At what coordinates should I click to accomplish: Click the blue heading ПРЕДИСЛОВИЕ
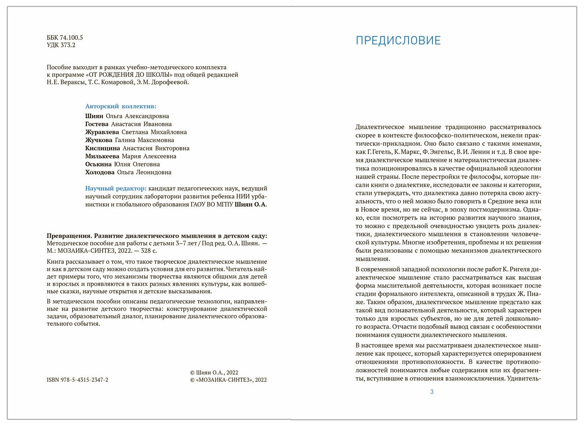coord(398,41)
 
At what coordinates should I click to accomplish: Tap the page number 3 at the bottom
coord(432,392)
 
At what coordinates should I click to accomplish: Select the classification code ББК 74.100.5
coord(65,38)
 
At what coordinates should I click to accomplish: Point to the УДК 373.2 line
coord(61,45)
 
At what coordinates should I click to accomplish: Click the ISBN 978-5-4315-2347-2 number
coord(77,380)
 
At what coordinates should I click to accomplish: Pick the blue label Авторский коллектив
coord(120,106)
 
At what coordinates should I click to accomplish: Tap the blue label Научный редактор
coord(116,188)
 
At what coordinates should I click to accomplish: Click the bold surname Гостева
coord(97,124)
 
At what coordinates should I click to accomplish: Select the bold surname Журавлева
coord(102,132)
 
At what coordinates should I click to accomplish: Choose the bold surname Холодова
coord(100,172)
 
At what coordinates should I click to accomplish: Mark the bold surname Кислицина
coord(102,148)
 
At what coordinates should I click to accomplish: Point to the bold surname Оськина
coord(98,164)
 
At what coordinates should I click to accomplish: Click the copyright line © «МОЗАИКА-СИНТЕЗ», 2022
coord(228,380)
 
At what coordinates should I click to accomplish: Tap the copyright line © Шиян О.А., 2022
coord(214,372)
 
